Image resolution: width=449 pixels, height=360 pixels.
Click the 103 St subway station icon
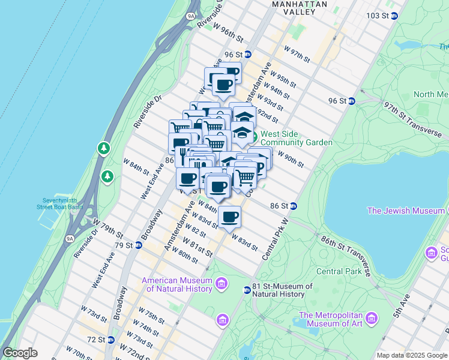394,16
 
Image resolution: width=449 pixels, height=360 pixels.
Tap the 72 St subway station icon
111,340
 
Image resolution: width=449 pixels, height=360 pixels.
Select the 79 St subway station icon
139,245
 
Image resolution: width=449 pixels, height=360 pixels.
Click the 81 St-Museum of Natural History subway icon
246,290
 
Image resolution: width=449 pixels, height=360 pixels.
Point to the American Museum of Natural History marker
221,283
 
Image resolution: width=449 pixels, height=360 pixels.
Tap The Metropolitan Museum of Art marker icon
372,317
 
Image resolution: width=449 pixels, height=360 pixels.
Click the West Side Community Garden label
296,138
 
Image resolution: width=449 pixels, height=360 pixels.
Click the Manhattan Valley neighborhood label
300,8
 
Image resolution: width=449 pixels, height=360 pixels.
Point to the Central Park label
338,271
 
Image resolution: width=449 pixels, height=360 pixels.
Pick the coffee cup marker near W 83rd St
229,217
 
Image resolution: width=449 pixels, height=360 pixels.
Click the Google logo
20,353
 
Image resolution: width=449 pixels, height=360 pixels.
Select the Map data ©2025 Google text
412,355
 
